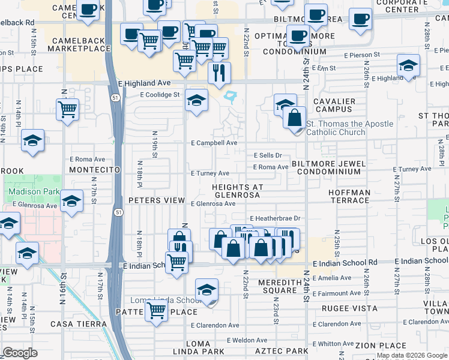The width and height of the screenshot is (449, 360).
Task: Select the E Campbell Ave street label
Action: [214, 143]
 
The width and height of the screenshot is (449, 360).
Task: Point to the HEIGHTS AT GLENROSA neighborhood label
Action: [238, 191]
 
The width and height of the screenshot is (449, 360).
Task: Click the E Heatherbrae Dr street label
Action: [275, 218]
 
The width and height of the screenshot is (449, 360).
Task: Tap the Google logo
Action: [20, 353]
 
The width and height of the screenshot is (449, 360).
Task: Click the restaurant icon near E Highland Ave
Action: [219, 73]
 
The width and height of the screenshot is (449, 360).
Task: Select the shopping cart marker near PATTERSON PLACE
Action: [157, 311]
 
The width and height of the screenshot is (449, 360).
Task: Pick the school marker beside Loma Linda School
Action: [206, 291]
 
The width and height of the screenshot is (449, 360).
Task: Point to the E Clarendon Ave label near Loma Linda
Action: [215, 325]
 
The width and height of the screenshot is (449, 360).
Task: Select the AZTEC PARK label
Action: [281, 350]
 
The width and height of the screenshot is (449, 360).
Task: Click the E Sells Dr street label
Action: [268, 155]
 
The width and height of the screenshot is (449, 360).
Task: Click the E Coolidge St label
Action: [160, 95]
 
